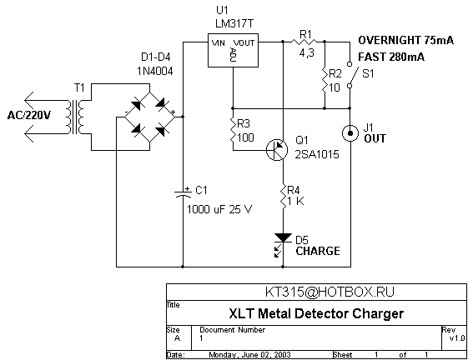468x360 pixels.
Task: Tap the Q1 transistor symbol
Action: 277,150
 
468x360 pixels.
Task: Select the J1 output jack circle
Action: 350,133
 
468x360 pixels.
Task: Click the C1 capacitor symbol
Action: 183,192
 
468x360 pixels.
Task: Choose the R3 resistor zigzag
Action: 233,130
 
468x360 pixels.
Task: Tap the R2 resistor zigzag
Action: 325,80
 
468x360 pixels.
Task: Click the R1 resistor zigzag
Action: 305,42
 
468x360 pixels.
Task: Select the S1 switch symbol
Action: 350,74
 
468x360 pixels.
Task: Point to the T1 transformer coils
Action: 76,117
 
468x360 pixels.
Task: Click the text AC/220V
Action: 29,115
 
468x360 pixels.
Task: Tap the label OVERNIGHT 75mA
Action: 405,40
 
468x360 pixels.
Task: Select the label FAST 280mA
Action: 391,57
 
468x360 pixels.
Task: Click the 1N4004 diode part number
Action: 155,71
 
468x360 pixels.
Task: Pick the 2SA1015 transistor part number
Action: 317,154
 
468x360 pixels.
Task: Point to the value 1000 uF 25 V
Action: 219,209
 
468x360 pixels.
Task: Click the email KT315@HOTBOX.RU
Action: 330,292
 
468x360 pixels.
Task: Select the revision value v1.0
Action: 457,338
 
